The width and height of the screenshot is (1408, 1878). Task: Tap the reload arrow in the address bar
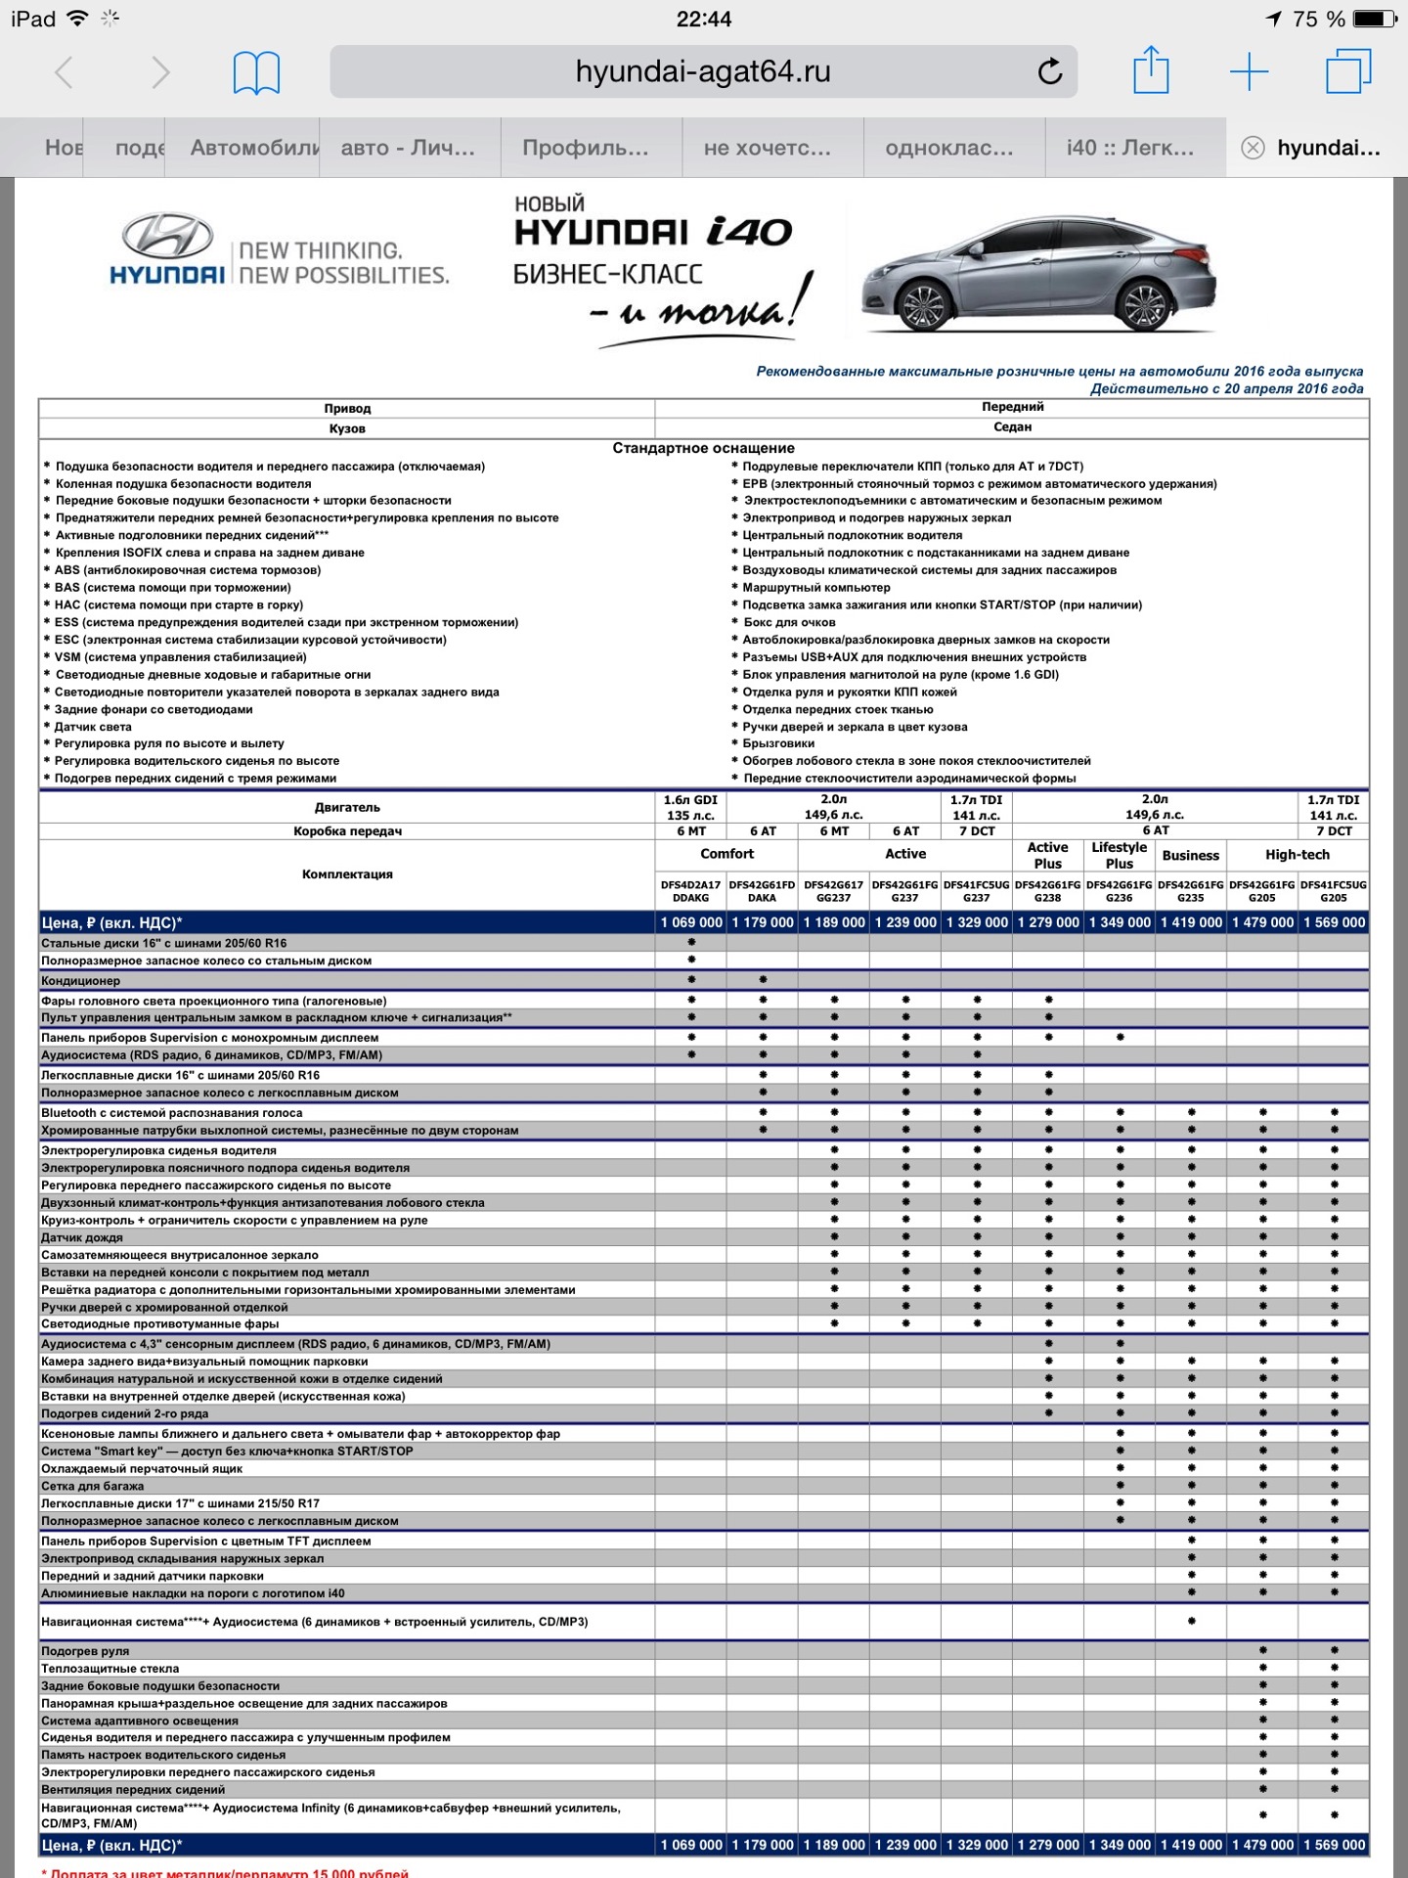[x=1050, y=71]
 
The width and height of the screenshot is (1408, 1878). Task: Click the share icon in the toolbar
[x=1151, y=71]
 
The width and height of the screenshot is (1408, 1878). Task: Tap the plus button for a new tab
[x=1249, y=72]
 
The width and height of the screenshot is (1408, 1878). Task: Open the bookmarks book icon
[x=256, y=73]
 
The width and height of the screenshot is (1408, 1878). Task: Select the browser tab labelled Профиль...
[x=585, y=148]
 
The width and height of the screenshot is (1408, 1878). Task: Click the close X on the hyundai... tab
[x=1253, y=148]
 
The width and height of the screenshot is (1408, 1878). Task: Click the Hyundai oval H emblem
[x=167, y=236]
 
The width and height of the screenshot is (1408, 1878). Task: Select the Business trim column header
[x=1190, y=856]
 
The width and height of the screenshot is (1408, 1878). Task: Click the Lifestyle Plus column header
[x=1119, y=856]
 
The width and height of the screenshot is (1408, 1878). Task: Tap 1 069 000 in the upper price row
[x=691, y=922]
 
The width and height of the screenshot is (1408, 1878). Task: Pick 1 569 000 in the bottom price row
[x=1334, y=1845]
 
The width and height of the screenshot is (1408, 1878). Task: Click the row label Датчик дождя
[x=82, y=1238]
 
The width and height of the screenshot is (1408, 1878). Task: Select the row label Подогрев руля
[x=85, y=1651]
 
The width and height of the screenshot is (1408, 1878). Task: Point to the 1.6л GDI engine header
[x=691, y=808]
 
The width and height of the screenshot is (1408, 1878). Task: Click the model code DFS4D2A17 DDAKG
[x=691, y=891]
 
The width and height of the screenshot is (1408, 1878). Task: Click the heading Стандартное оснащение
[x=703, y=448]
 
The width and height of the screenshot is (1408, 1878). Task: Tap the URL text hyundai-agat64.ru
[x=703, y=72]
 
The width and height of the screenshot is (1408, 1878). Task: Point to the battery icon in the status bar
[x=1375, y=19]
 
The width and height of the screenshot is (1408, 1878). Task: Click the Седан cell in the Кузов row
[x=1012, y=427]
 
